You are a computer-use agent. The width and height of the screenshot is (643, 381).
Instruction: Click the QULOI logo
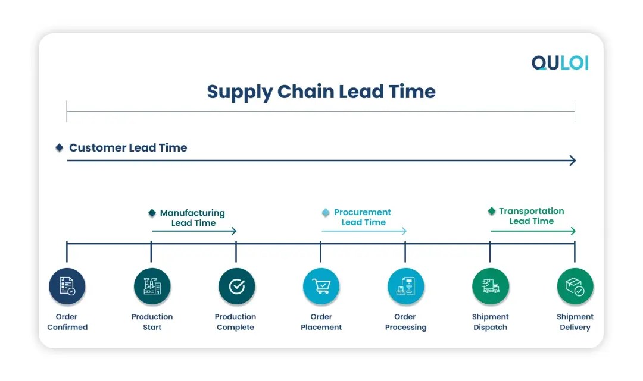point(559,63)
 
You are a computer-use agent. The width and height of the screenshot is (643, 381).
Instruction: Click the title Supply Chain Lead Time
point(321,92)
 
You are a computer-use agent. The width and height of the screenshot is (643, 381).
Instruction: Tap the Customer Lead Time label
point(127,148)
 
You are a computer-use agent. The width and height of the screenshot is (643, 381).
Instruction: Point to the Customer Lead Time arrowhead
point(573,160)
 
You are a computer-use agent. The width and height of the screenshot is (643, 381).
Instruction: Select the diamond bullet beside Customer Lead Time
point(59,147)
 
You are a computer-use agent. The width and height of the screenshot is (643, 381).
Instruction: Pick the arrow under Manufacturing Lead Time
point(193,231)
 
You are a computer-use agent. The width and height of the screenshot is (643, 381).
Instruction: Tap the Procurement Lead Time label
point(363,217)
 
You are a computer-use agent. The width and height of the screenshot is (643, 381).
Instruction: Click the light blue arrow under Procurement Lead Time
point(364,231)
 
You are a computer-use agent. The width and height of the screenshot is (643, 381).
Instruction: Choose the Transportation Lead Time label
point(531,216)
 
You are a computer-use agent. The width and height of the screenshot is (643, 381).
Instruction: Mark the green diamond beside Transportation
point(492,211)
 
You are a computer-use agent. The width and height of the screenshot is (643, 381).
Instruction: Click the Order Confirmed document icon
point(67,286)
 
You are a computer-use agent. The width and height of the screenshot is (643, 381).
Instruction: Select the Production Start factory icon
point(152,286)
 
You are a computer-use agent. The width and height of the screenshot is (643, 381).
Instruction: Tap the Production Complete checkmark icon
point(236,286)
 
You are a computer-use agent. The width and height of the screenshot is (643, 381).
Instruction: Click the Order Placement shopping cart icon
point(321,286)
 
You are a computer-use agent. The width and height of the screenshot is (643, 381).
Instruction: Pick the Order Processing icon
point(405,286)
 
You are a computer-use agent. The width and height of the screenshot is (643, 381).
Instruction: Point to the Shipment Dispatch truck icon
point(490,286)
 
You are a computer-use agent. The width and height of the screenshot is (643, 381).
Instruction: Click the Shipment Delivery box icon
point(575,286)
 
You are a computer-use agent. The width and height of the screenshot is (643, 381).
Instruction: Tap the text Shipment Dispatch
point(490,322)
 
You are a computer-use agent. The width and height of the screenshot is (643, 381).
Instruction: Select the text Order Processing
point(405,322)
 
